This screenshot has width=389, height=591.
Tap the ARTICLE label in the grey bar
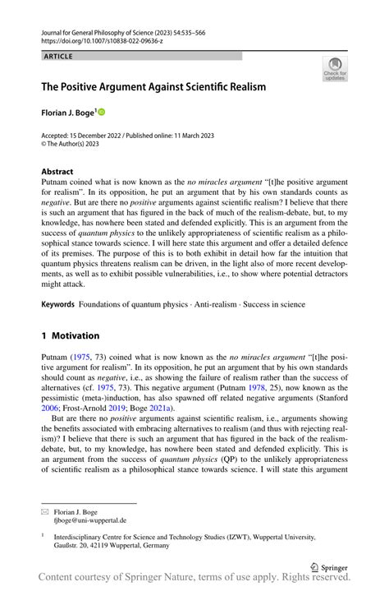[x=58, y=56]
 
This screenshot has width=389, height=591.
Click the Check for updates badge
[x=334, y=70]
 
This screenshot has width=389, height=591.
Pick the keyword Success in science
[x=273, y=304]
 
